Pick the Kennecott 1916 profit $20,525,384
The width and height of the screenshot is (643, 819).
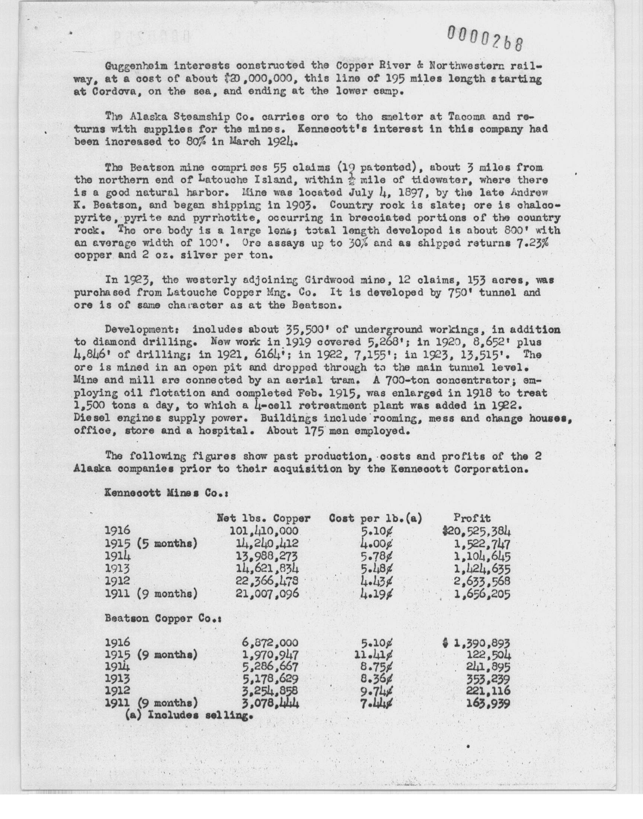[x=477, y=531]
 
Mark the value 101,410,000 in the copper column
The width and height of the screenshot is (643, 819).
[x=264, y=531]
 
